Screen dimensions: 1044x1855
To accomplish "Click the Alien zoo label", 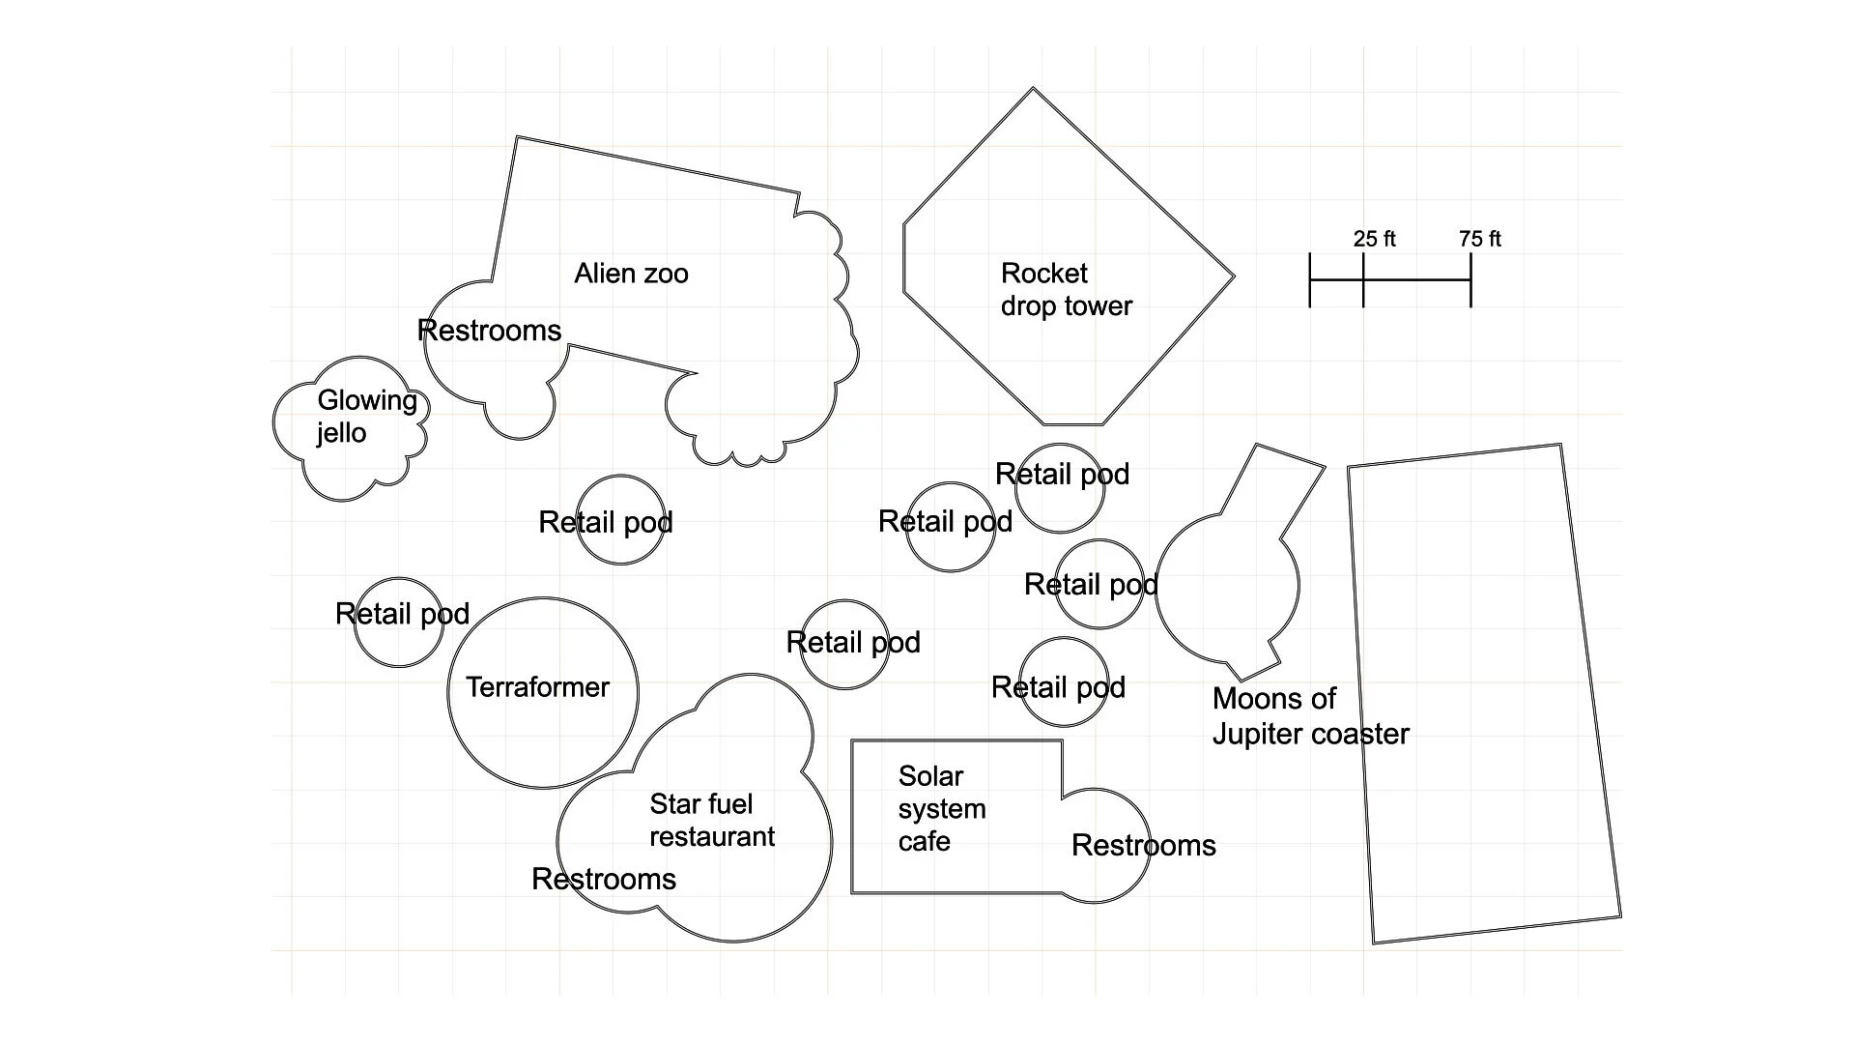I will [x=631, y=274].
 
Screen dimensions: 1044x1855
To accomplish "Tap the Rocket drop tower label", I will [x=1065, y=289].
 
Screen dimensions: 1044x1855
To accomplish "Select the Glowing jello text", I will [x=366, y=416].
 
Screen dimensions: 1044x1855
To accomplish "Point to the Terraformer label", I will [x=537, y=687].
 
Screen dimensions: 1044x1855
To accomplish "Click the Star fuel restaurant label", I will [x=711, y=820].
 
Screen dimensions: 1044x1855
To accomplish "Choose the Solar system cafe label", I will [x=941, y=808].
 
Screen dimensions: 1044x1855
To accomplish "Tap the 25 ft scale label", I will [x=1374, y=239].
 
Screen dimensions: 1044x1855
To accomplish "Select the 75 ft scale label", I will [x=1479, y=239].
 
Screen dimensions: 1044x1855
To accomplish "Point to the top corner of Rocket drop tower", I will [x=1033, y=89].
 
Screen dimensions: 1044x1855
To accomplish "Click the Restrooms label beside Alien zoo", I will [x=489, y=331].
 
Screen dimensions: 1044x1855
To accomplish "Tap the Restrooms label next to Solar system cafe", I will [x=1143, y=845].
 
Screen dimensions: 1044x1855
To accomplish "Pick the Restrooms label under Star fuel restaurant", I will [x=604, y=879].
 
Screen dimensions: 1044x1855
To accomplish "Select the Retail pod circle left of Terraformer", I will [x=398, y=623].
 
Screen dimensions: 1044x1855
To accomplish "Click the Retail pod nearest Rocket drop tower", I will [x=1060, y=487].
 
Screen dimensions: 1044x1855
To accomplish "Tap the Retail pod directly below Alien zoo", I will [x=619, y=519].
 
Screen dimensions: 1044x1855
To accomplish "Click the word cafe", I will [x=924, y=841].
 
